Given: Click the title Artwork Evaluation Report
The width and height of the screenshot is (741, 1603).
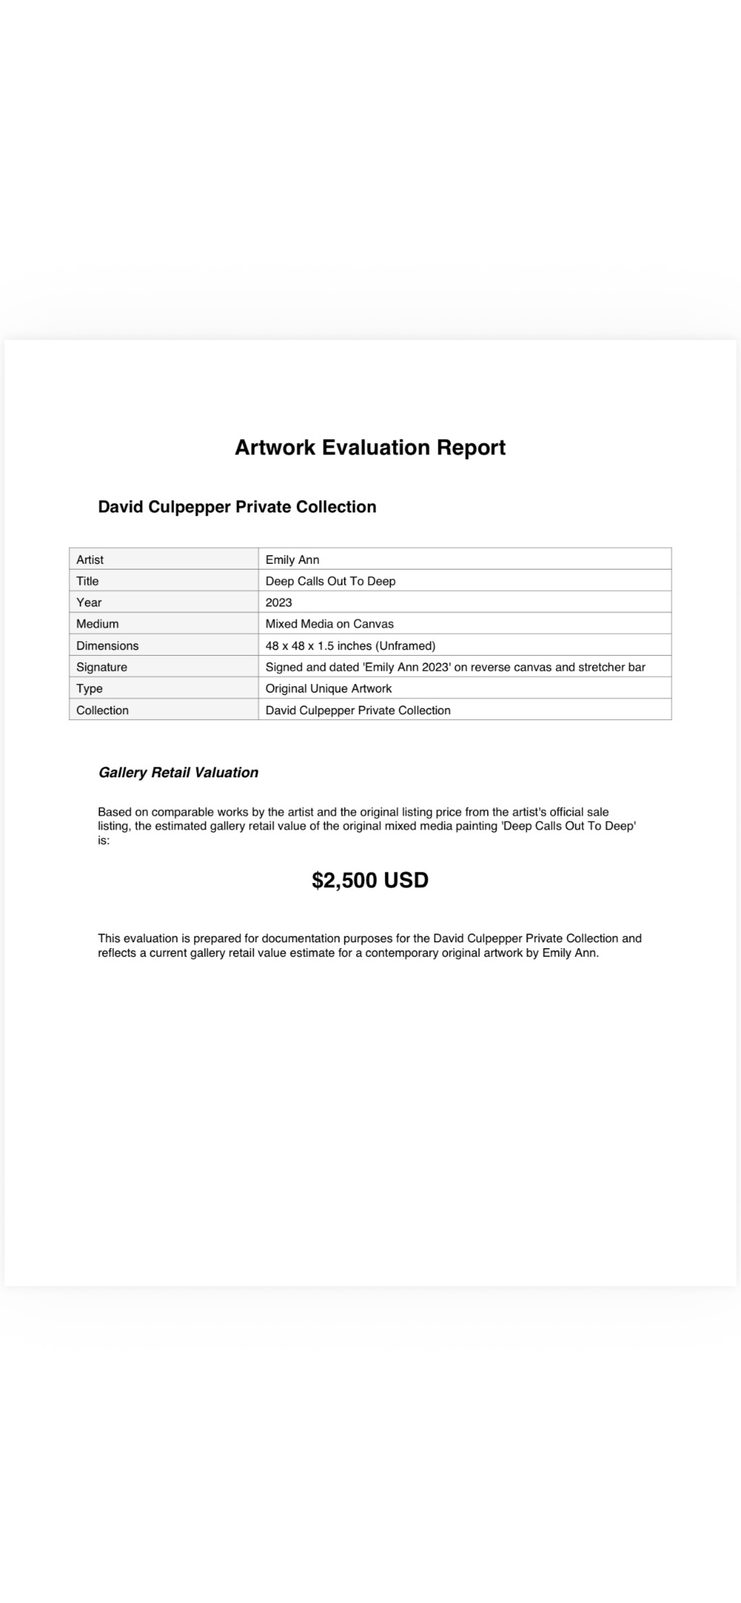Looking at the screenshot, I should pos(370,447).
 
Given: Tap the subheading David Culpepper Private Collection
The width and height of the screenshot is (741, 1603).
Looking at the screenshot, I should pos(237,507).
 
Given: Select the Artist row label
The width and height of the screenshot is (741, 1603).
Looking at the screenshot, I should pos(90,559).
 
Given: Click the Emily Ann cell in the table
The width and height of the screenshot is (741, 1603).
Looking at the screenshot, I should pos(292,559).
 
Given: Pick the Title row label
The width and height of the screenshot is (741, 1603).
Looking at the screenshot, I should pos(88,581).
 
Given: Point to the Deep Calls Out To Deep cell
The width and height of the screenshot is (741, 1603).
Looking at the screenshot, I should pos(330,581).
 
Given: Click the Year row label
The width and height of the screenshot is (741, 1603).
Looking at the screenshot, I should pos(89,602).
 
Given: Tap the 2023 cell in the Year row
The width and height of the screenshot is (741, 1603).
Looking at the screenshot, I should pos(279,602).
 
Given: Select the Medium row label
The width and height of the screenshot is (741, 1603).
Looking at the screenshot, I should pos(98,624).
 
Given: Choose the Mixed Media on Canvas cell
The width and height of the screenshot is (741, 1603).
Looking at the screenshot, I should pos(329,624).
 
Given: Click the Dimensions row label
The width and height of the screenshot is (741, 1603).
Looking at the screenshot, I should pos(107,646).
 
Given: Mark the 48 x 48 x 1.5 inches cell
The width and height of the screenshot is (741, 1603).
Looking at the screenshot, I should pos(350,646).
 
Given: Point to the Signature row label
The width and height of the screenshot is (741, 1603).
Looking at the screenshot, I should pos(101,667).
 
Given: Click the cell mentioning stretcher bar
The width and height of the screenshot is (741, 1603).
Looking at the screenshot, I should pos(455,667).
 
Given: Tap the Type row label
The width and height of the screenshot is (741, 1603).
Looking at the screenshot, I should pos(90,688).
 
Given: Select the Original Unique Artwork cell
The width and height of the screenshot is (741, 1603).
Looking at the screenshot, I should pos(329,688).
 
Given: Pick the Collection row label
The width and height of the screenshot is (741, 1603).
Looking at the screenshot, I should pos(102,710).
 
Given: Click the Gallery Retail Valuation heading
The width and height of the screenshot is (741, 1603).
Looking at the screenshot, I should pos(178,772).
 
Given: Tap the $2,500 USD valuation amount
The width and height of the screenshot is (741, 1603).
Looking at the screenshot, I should pos(370,880).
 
